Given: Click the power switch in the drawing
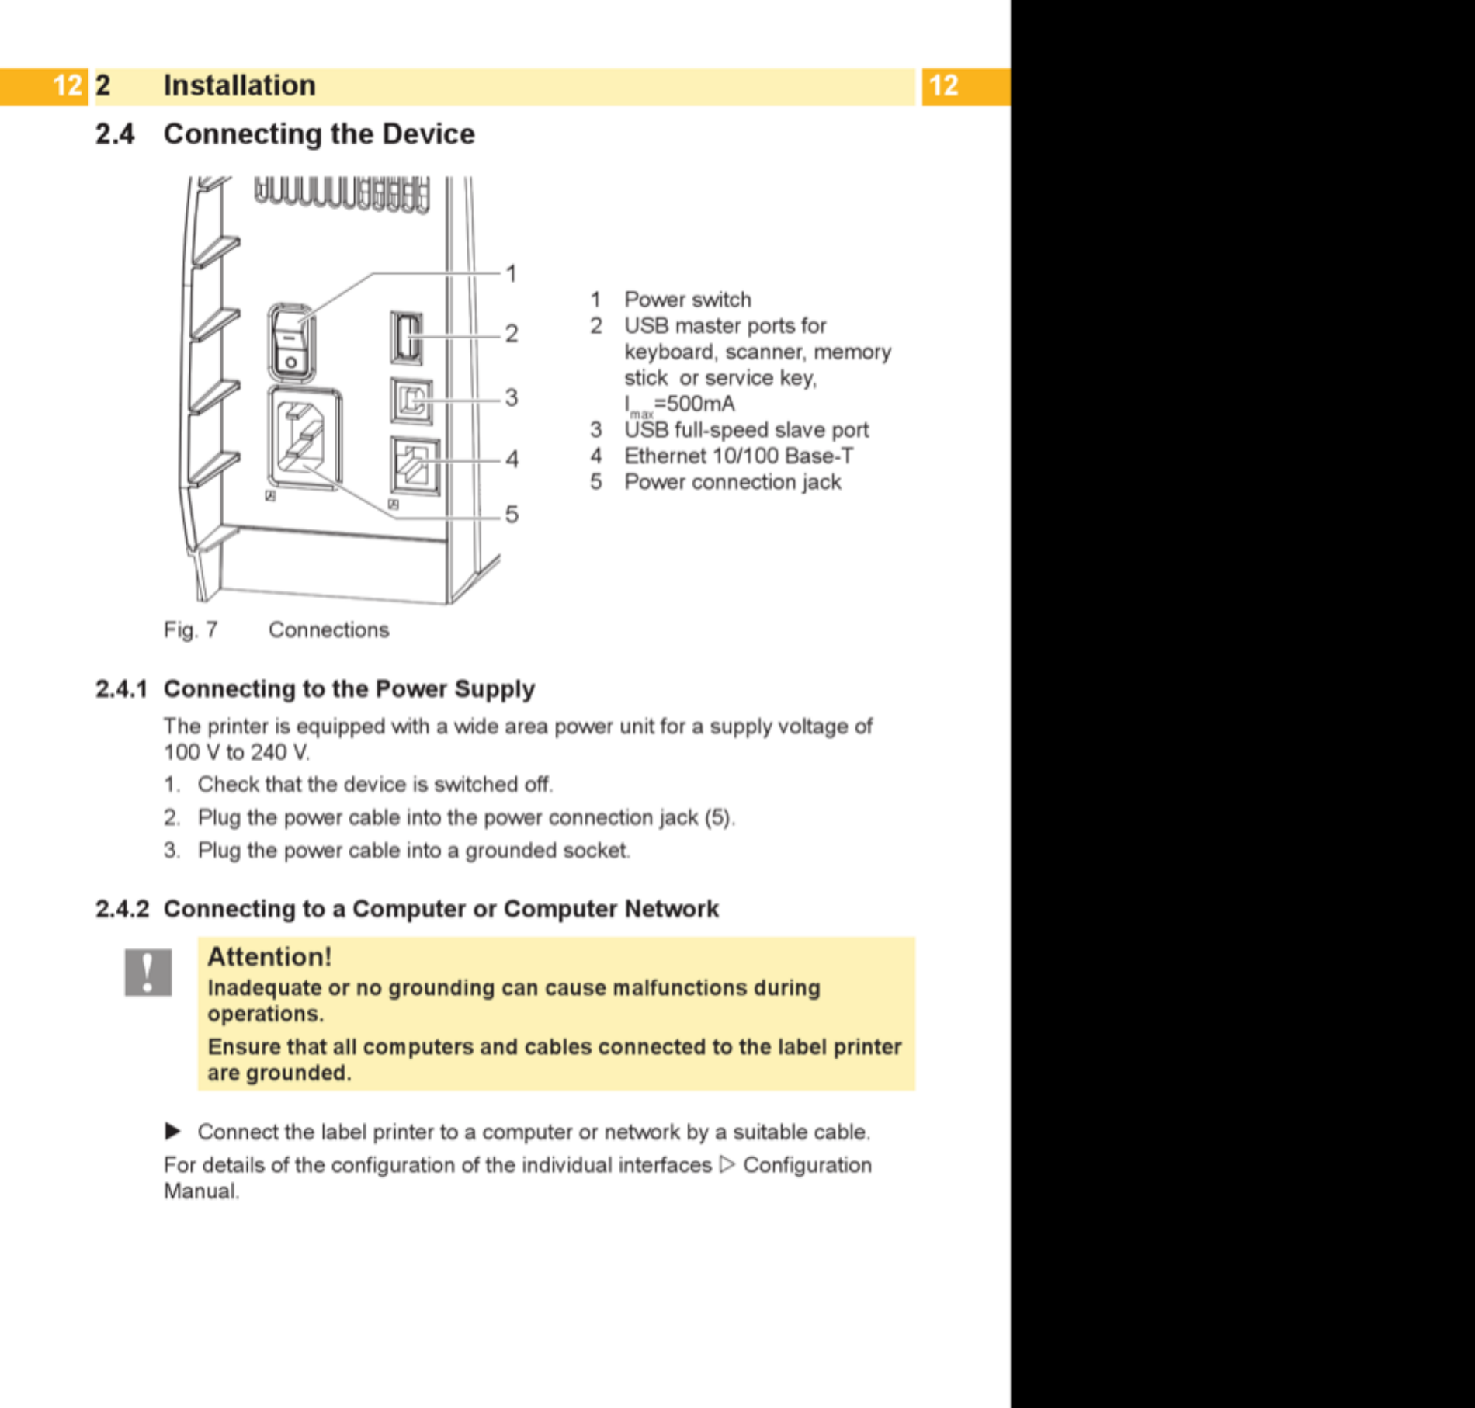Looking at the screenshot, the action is [291, 342].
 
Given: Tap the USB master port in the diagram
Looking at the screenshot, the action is [406, 338].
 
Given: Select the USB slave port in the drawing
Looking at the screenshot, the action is [411, 401].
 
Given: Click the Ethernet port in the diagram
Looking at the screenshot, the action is [415, 466].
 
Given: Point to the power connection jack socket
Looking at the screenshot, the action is [305, 439].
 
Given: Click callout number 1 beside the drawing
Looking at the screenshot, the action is [511, 273].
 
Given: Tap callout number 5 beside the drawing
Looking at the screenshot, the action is [512, 514].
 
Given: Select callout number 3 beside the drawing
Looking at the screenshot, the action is [511, 397].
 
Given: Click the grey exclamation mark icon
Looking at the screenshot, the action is [148, 972].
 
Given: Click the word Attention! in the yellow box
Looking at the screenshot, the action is [269, 956].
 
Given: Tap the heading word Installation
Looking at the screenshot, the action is [240, 85].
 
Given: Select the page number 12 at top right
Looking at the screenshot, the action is [944, 85].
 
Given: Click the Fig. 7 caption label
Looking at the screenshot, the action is [190, 629].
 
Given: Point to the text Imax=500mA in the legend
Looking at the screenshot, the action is [679, 405].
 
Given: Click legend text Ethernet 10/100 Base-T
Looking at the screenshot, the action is [738, 456].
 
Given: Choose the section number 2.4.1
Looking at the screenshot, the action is [121, 688].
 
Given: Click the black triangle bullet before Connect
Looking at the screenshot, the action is [173, 1132].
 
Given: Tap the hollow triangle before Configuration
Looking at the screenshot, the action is [727, 1164].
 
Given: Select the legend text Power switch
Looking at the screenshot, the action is [688, 300].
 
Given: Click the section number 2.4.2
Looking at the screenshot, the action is [122, 908].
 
